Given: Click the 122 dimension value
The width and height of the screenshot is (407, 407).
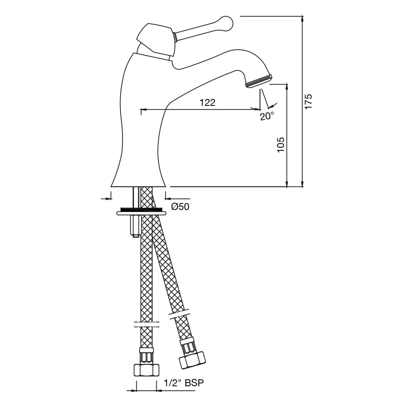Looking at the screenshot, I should tap(207, 103).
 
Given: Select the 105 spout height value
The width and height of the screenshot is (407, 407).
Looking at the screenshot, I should tap(280, 144).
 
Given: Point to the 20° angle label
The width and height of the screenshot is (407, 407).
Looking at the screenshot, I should tap(267, 116).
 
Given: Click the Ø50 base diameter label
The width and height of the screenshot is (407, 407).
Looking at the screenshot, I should tap(180, 207).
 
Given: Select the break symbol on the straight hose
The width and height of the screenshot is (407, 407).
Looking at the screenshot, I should tap(146, 324).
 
